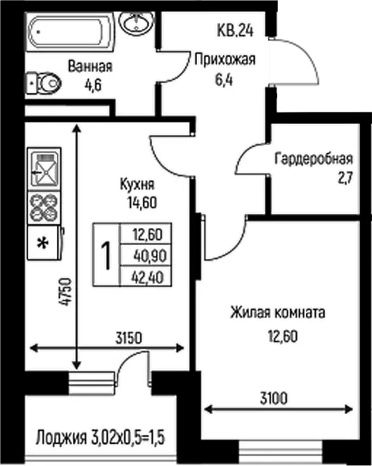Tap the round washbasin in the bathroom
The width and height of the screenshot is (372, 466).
tap(136, 23)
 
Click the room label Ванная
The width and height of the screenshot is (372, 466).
tap(90, 66)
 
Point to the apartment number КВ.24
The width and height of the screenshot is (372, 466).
tap(235, 30)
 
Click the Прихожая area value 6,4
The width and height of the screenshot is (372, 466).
tap(224, 80)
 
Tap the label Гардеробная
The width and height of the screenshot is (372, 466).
tap(314, 159)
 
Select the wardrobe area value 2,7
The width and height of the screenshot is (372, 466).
tap(345, 178)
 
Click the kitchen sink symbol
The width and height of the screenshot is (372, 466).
tap(44, 169)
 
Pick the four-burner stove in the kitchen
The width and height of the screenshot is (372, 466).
tap(44, 208)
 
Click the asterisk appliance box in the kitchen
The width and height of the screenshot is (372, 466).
tap(44, 243)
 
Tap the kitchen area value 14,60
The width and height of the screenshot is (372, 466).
tap(142, 203)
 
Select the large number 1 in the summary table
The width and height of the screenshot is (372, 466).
tap(106, 256)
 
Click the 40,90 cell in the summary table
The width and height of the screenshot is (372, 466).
tap(150, 256)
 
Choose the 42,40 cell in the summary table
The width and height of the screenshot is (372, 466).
tap(148, 277)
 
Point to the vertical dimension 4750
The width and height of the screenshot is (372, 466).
tap(65, 292)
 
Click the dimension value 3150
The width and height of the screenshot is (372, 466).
tap(129, 338)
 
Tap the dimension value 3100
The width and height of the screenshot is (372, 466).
tap(274, 398)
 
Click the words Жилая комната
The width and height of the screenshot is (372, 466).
tap(278, 313)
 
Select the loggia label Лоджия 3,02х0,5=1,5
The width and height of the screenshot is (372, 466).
tap(101, 438)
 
